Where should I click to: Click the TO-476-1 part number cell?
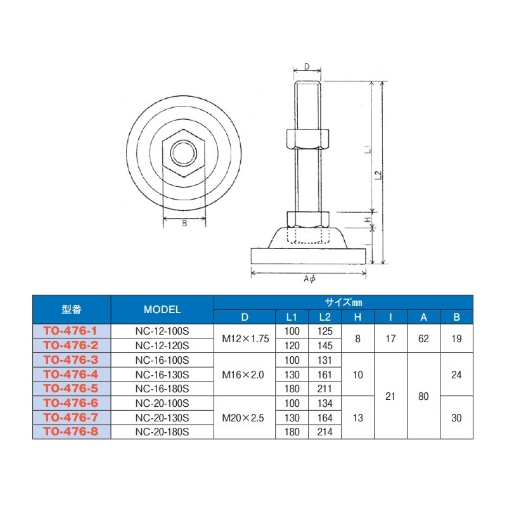[70, 331]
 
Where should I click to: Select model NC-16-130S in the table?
[162, 375]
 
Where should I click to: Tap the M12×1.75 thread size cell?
[245, 338]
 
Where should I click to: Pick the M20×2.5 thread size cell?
[243, 418]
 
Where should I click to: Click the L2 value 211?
[324, 388]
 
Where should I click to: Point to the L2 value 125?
[324, 331]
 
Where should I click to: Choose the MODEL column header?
[162, 309]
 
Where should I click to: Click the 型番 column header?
[72, 309]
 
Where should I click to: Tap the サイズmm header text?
[343, 302]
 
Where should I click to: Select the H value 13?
[357, 418]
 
